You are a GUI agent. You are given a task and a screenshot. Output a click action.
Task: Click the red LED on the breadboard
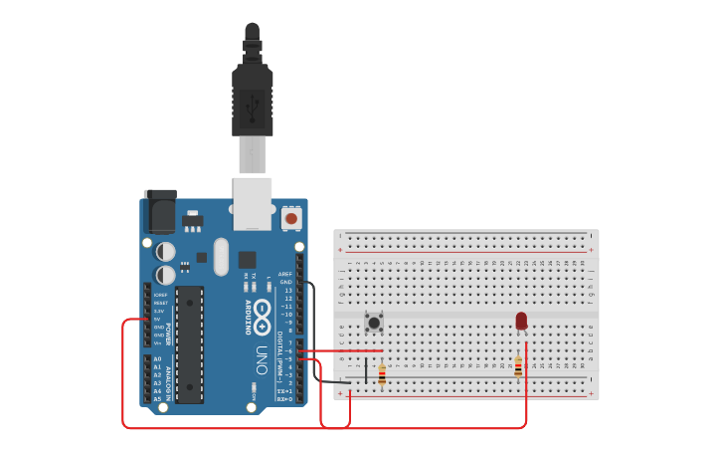(521, 321)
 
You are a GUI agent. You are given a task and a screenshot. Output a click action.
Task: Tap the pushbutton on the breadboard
(374, 322)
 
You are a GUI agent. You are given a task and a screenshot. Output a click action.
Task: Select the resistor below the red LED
(518, 365)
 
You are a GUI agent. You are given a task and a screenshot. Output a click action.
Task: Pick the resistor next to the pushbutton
(382, 373)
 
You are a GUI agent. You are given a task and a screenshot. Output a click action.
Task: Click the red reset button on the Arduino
(291, 217)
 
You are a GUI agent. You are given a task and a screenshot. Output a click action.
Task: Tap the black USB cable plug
(253, 99)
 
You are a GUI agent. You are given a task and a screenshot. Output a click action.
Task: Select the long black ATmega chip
(190, 343)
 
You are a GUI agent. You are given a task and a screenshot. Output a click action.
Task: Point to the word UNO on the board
(262, 358)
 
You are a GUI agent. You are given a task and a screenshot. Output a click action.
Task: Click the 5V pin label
(158, 319)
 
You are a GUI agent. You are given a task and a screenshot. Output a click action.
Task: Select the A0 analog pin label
(157, 358)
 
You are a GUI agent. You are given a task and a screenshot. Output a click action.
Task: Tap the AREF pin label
(285, 274)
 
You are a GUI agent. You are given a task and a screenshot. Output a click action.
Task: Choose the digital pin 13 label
(288, 290)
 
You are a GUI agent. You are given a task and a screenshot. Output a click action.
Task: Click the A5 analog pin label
(157, 399)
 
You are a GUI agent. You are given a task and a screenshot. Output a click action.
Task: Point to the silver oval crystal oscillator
(220, 256)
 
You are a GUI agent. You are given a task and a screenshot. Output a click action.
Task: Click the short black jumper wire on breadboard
(365, 373)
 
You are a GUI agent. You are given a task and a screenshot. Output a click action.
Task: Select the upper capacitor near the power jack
(165, 252)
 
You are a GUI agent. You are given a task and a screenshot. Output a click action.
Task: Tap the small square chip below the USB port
(247, 259)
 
